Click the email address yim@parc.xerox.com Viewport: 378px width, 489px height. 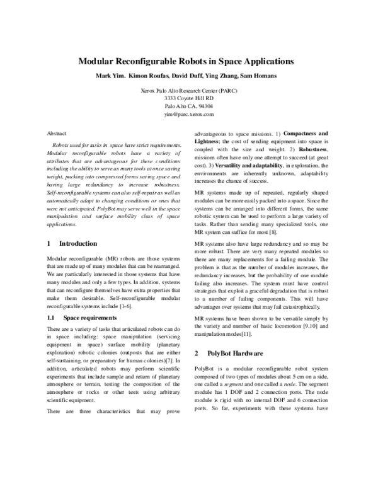[x=188, y=115]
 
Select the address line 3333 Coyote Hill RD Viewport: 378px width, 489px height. [x=188, y=99]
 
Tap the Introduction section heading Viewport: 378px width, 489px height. [x=78, y=243]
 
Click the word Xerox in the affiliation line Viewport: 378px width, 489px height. [x=153, y=91]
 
